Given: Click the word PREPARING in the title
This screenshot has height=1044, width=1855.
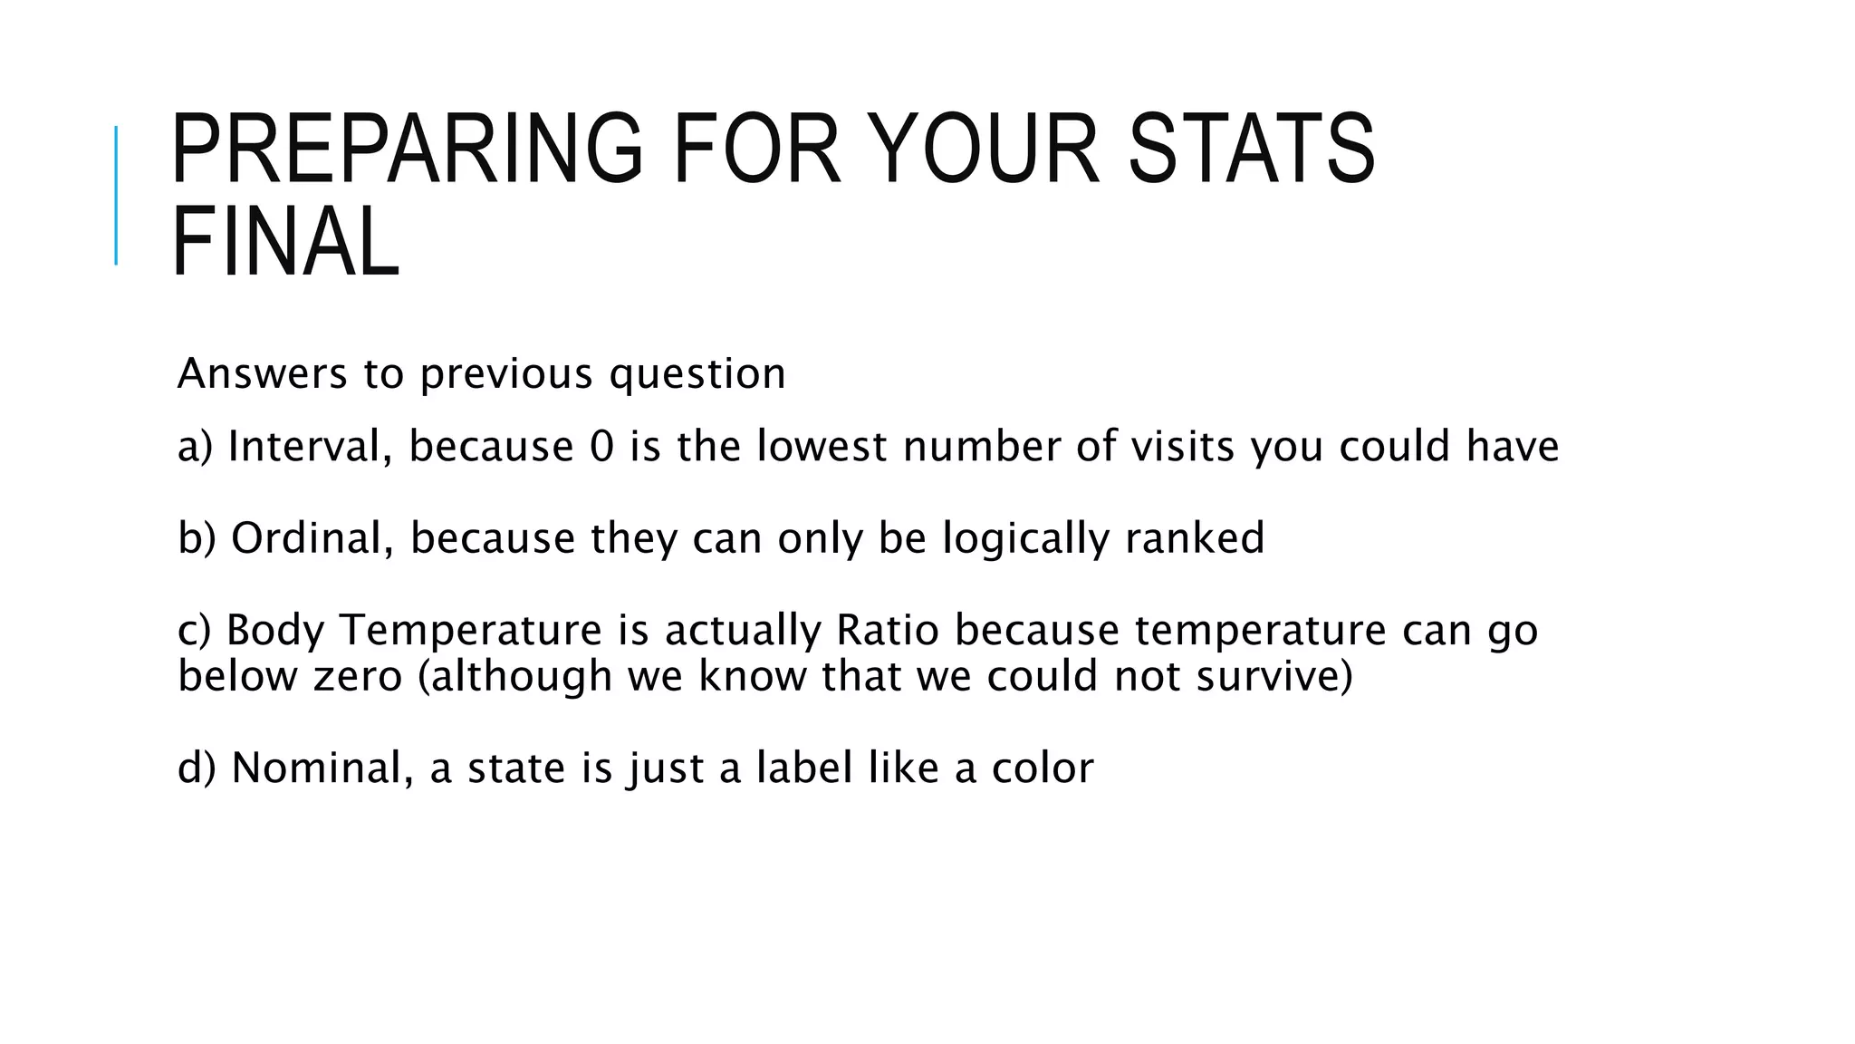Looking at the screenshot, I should click(406, 149).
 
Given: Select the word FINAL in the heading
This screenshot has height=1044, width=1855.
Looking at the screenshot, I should click(285, 242).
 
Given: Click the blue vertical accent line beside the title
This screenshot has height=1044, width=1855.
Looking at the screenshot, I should click(116, 196).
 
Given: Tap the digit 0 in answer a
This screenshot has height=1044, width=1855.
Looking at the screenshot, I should click(601, 447).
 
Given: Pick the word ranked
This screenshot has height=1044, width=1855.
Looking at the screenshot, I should click(1195, 538).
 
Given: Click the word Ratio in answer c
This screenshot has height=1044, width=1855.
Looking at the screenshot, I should click(888, 631).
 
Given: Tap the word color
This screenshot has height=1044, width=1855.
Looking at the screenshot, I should click(1043, 768).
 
